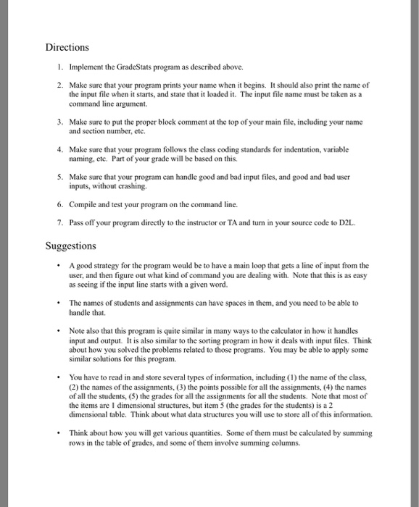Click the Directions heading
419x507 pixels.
pos(67,47)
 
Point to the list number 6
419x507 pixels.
pos(61,204)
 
